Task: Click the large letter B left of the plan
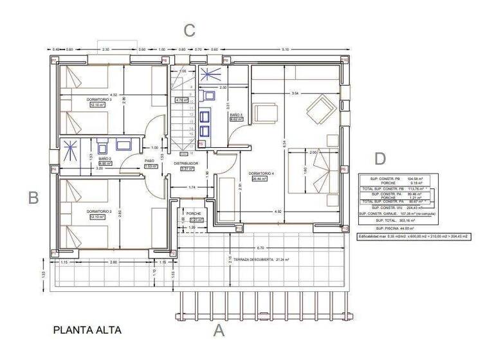coord(33,198)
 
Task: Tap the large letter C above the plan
coord(189,30)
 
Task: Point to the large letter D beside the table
coord(381,159)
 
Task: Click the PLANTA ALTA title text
coord(87,330)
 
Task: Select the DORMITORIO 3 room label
coord(100,100)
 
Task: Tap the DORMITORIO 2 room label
coord(100,211)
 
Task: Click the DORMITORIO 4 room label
coord(262,174)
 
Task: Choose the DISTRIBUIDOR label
coord(185,164)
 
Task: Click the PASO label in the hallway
coord(149,161)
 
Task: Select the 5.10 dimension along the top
coord(286,50)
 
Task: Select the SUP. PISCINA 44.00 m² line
coord(395,228)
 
